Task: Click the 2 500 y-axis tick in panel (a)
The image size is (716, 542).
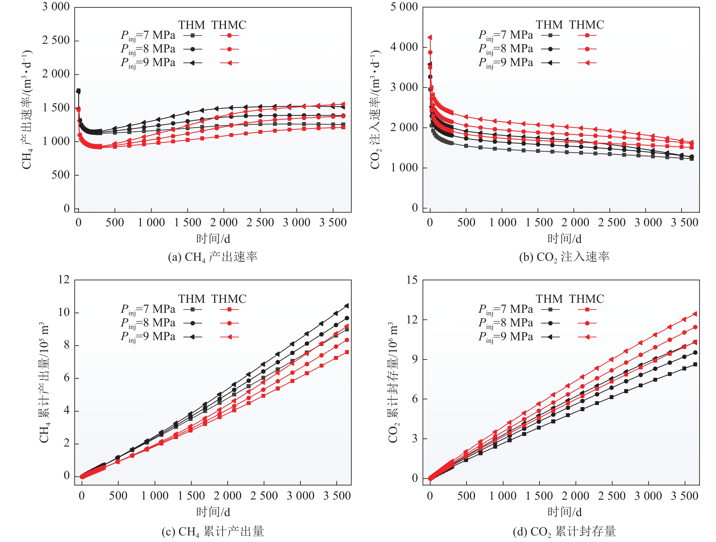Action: (56, 40)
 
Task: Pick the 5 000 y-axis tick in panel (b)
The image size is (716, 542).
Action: (404, 7)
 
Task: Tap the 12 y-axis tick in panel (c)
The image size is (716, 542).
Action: (64, 280)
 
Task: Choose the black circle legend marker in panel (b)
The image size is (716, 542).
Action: (550, 49)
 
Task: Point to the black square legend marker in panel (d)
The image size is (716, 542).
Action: (550, 309)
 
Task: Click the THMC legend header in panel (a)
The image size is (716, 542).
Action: (229, 25)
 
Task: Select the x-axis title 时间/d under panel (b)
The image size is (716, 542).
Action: (564, 239)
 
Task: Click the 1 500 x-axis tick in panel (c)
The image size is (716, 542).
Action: (191, 496)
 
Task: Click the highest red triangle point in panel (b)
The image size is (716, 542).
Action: (430, 37)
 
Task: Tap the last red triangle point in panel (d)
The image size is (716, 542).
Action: (695, 314)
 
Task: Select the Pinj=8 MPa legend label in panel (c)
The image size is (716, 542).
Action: (148, 323)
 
